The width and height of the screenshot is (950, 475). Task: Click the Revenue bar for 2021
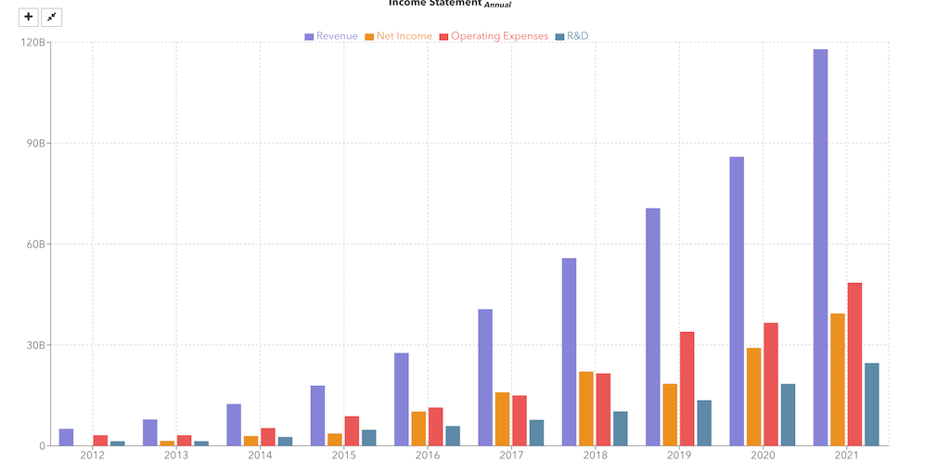[x=820, y=247]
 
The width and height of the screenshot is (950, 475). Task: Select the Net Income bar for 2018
[x=586, y=408]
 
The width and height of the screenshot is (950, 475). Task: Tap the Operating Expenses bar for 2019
[x=687, y=388]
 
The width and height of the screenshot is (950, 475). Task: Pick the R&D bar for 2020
[x=788, y=414]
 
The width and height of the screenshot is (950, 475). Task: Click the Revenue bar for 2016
[x=401, y=399]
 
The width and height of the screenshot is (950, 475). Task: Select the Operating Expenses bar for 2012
[x=100, y=440]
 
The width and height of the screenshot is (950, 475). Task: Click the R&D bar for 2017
[x=536, y=432]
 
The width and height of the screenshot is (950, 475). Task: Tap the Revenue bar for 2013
[x=149, y=432]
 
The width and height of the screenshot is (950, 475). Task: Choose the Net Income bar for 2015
[x=334, y=439]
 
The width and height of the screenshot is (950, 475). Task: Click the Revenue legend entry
[x=331, y=36]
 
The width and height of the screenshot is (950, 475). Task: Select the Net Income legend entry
[x=398, y=36]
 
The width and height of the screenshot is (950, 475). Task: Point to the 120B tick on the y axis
[x=32, y=43]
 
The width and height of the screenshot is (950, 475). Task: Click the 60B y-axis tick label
[x=35, y=244]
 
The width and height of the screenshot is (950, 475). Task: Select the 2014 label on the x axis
[x=260, y=456]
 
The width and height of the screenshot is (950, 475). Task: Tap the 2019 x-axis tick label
[x=678, y=456]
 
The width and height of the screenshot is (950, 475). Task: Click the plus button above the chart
[x=29, y=17]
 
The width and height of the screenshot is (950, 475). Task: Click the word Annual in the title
[x=497, y=5]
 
